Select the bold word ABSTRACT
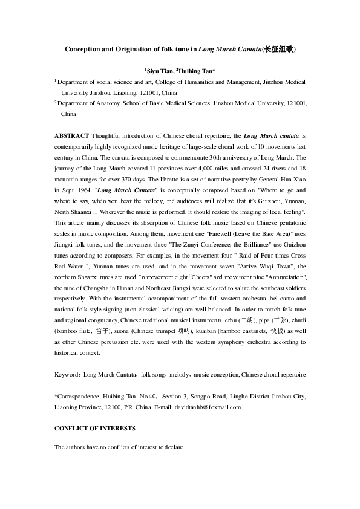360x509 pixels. click(72, 135)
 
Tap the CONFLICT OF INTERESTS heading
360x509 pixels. click(94, 428)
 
